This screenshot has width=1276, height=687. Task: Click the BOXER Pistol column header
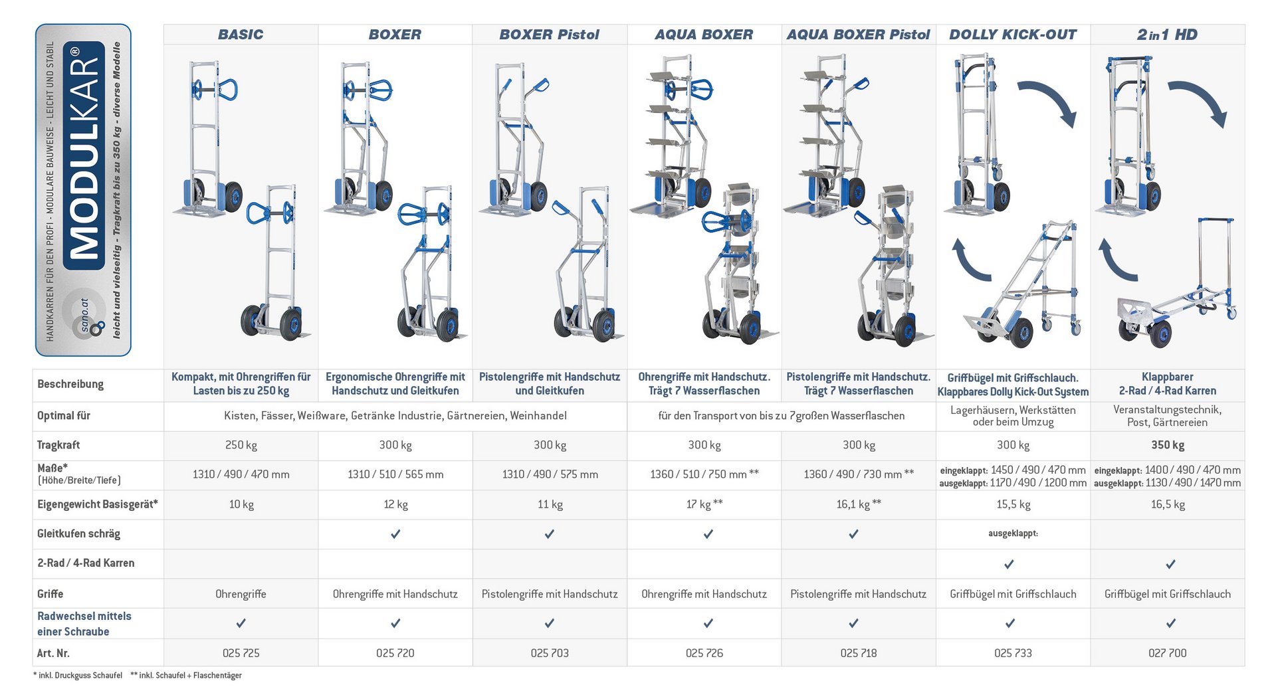point(549,35)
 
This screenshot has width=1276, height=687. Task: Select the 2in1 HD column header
point(1167,35)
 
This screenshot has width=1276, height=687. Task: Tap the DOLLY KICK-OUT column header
point(1013,35)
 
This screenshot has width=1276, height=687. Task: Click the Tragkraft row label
point(58,445)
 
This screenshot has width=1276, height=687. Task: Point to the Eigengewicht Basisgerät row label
point(98,504)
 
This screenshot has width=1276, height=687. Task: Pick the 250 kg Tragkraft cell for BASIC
point(241,445)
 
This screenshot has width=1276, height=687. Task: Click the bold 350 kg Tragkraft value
point(1168,445)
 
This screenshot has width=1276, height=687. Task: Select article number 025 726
point(704,653)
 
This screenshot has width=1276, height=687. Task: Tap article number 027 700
point(1168,653)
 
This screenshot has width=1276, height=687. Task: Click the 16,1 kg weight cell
point(859,504)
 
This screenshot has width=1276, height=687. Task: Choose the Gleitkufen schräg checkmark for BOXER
point(395,534)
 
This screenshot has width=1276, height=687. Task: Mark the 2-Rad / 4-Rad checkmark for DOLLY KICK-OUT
point(1009,564)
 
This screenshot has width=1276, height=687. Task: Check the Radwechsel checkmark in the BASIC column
point(241,623)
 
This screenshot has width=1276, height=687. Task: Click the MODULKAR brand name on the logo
point(84,156)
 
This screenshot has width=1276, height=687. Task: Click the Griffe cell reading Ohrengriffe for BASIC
point(241,594)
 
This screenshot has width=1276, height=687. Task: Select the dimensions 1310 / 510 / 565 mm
point(395,474)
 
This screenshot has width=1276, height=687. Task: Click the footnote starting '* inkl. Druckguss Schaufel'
point(78,676)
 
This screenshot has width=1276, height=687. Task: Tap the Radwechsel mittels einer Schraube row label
point(84,624)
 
